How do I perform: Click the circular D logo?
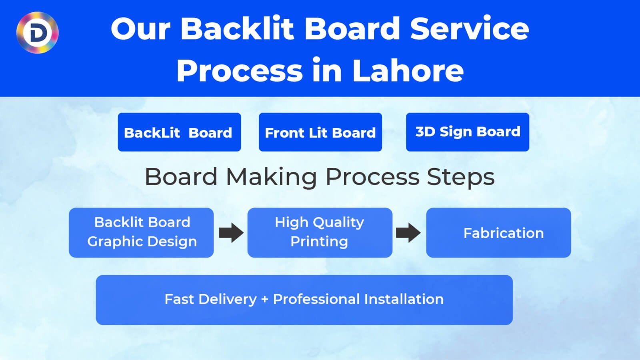[37, 32]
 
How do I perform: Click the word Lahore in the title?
[408, 70]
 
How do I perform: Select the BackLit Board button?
[179, 132]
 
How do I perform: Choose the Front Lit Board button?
[320, 132]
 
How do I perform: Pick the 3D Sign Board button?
[467, 132]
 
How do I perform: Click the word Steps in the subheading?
[460, 177]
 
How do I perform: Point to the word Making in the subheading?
[272, 177]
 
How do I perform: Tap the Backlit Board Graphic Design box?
[141, 232]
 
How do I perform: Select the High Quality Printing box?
[320, 232]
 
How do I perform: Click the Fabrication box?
[498, 233]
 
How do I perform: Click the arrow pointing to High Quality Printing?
[231, 233]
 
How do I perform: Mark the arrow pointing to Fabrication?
[408, 233]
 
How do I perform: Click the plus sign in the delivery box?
[264, 300]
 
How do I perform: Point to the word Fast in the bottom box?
[179, 299]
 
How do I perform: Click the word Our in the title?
[140, 29]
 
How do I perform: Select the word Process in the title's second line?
[239, 70]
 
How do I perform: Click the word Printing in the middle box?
[319, 242]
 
